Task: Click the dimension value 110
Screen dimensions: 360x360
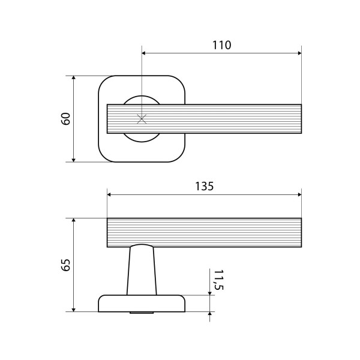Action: click(x=222, y=45)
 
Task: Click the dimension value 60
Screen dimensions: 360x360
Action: click(x=66, y=119)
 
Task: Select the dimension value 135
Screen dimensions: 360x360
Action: click(x=205, y=186)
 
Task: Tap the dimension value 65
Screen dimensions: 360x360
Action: click(x=66, y=265)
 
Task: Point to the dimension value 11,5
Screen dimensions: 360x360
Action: click(x=218, y=280)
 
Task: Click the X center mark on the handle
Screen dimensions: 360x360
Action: click(x=142, y=119)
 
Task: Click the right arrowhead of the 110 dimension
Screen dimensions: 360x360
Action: click(x=299, y=53)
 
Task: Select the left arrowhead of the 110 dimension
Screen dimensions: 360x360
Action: click(x=144, y=53)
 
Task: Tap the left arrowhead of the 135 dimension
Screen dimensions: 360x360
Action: click(x=109, y=194)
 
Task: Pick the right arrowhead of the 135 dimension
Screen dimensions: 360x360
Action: click(x=299, y=194)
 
